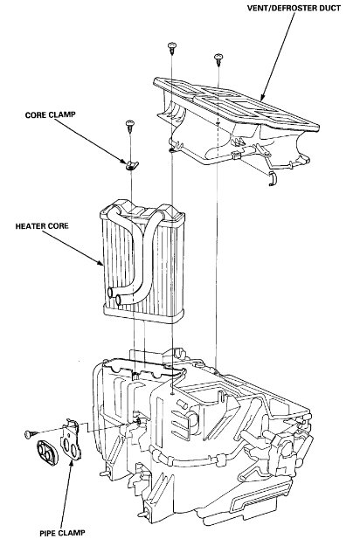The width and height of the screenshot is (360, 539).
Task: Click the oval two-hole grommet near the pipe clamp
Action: (x=48, y=454)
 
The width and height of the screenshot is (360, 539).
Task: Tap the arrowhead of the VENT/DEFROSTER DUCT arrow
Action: (x=263, y=97)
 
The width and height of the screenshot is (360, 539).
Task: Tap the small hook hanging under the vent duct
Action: (x=273, y=179)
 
